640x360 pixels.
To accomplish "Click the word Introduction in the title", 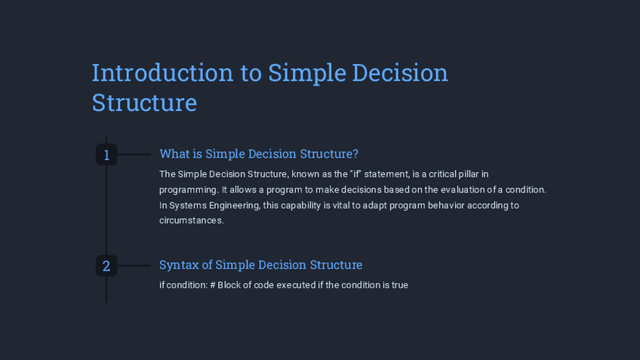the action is [162, 72].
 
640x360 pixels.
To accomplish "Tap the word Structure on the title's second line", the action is [144, 103].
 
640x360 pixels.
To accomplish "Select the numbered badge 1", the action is [106, 155].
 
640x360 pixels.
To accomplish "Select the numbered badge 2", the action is [106, 266].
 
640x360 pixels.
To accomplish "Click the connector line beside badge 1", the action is [134, 154].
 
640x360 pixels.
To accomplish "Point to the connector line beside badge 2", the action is [134, 266].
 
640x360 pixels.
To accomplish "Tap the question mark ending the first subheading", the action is [355, 154].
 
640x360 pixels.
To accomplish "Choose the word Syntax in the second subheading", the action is [179, 265].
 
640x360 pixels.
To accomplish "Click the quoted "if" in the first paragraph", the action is [356, 174].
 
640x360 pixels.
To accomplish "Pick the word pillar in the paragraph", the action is [468, 174].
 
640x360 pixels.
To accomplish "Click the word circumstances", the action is [192, 220].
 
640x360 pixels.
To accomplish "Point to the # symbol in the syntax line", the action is [213, 285].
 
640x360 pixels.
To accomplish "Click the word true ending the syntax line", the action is [400, 285].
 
